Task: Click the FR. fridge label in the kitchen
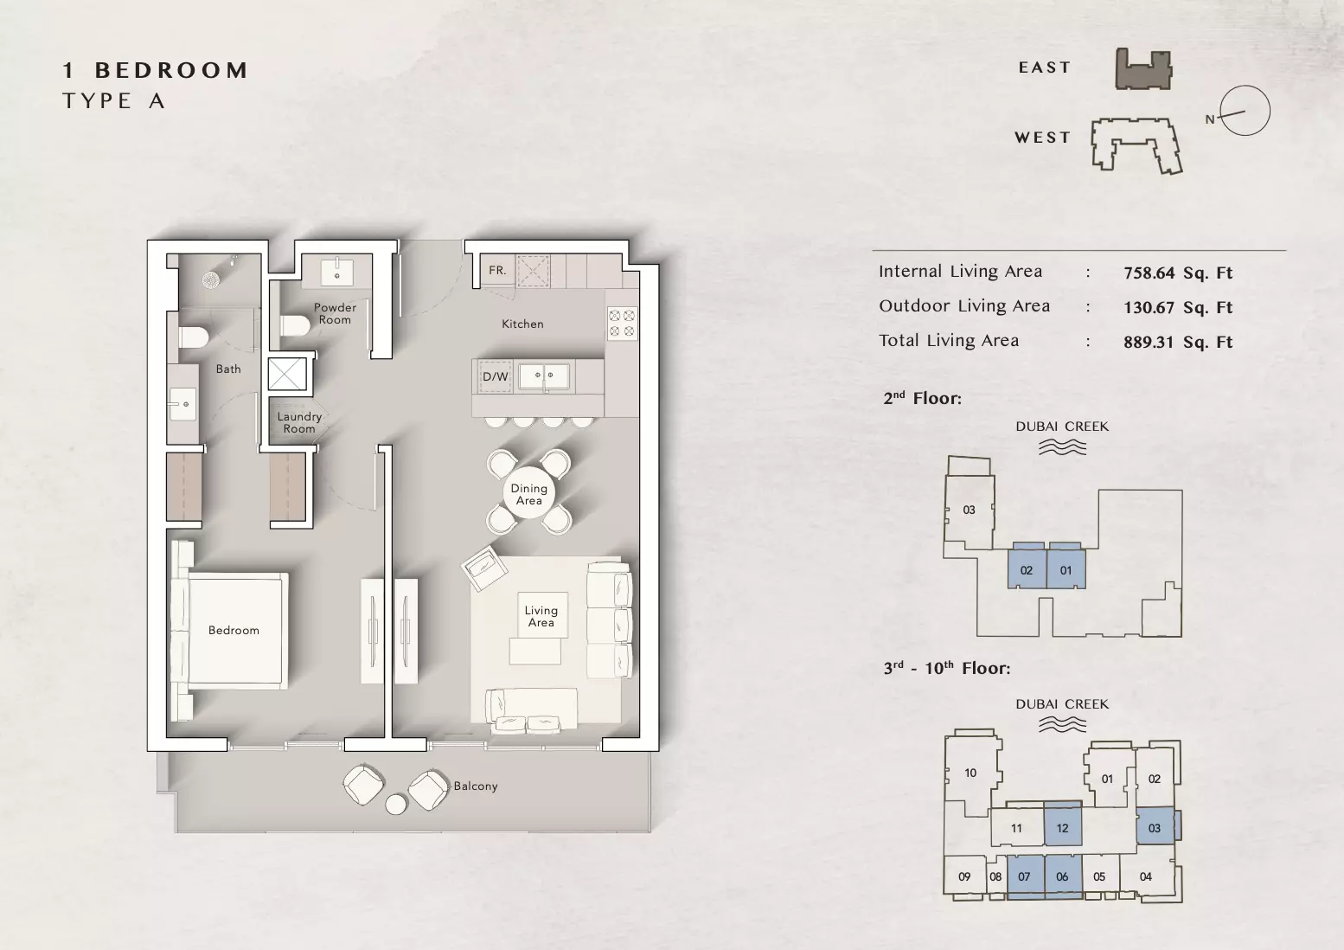(496, 271)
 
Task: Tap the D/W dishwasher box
(495, 376)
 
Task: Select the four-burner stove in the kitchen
(622, 323)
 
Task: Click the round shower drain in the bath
(212, 279)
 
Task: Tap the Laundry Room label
(299, 422)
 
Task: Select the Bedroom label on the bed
(234, 630)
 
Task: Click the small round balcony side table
(395, 804)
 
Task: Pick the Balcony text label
(475, 786)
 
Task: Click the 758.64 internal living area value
(1149, 273)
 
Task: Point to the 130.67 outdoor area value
(1149, 307)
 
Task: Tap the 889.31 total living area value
(1149, 342)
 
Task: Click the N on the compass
(1210, 119)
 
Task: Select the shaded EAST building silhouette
(1143, 69)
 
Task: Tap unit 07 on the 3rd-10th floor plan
(1025, 876)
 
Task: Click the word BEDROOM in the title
(171, 70)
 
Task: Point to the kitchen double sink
(544, 377)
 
